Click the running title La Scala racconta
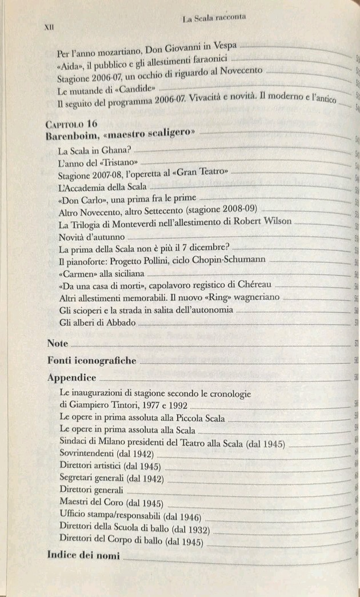click(x=214, y=18)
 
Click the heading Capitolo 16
click(x=71, y=124)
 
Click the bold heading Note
click(x=58, y=344)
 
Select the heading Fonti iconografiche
click(x=92, y=361)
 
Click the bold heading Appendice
click(x=71, y=378)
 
